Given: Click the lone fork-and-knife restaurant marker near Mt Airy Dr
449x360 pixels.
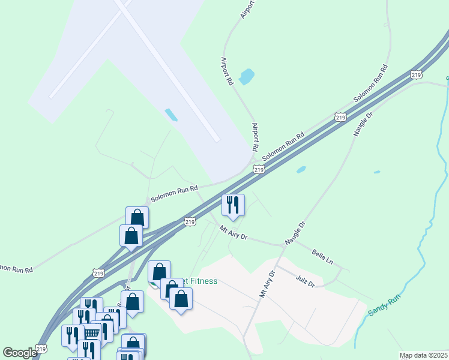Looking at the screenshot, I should [x=233, y=205].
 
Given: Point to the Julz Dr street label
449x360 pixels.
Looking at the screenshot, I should [x=305, y=280].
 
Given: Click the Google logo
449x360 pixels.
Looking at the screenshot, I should [x=20, y=353].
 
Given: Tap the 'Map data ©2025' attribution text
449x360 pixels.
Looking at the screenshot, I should [x=423, y=355].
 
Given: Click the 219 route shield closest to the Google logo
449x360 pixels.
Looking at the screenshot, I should [x=41, y=349].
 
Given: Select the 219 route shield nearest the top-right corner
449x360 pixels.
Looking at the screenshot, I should [x=417, y=74].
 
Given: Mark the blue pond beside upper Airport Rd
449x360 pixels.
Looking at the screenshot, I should [x=247, y=77].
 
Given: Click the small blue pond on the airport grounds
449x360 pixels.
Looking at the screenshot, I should [x=171, y=114].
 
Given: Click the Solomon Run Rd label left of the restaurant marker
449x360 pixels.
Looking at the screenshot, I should [x=174, y=193].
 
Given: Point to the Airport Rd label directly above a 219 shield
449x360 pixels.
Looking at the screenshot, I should [x=255, y=137].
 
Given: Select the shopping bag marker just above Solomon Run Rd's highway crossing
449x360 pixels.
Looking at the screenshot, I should [x=137, y=217].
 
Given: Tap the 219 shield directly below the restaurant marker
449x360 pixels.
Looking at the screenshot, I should [x=190, y=222].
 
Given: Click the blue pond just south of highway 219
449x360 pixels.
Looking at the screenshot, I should [x=301, y=170].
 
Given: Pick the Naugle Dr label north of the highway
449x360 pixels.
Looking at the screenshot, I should [x=363, y=123].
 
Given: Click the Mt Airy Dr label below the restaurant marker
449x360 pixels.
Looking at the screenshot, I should [x=234, y=232].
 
